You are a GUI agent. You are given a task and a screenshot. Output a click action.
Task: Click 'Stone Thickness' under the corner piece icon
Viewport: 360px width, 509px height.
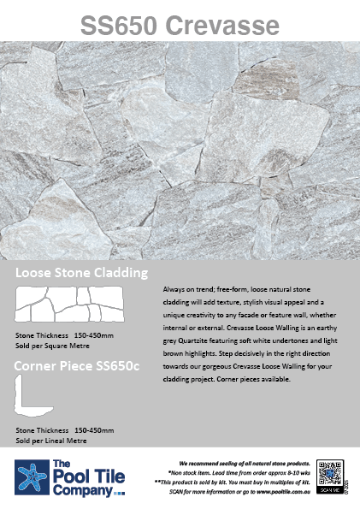pyautogui.click(x=44, y=430)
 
